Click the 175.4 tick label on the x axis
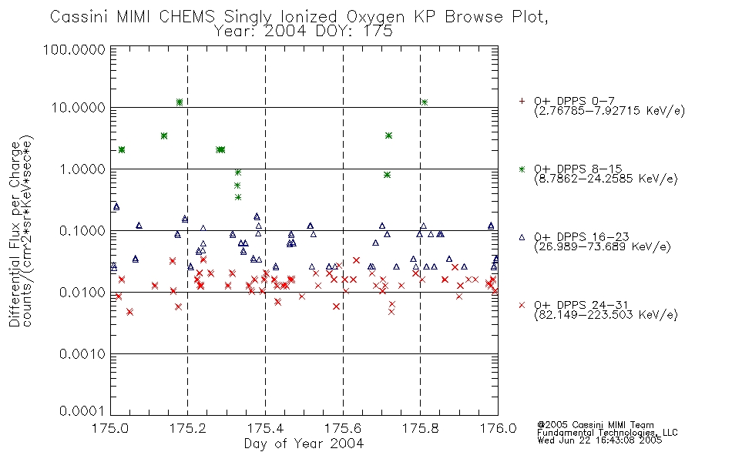[x=265, y=428]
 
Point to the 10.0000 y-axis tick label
[x=79, y=108]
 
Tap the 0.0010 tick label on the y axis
[x=82, y=354]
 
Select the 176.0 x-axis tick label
[x=498, y=428]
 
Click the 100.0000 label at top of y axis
[x=75, y=49]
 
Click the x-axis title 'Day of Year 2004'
[x=304, y=444]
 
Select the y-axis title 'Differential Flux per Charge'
[x=15, y=234]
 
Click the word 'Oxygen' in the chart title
[x=376, y=17]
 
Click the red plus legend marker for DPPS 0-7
[x=522, y=101]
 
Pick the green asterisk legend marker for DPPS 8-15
[x=522, y=169]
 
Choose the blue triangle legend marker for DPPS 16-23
[x=522, y=237]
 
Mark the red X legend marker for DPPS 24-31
[x=522, y=305]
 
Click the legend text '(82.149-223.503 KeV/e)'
[x=606, y=315]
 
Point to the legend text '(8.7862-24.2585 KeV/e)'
[x=606, y=179]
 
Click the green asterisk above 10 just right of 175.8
[x=425, y=102]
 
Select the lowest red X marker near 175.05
[x=129, y=312]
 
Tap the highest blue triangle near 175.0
[x=116, y=206]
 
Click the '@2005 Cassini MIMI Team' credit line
[x=596, y=425]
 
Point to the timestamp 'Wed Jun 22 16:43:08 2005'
[x=599, y=440]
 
